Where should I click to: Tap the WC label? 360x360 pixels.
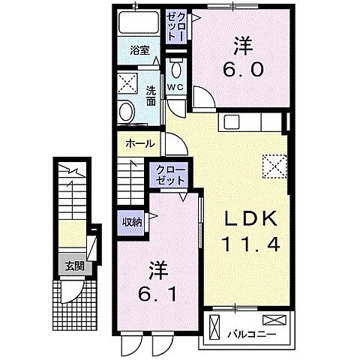coord(175,87)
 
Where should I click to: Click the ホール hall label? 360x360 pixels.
coord(140,143)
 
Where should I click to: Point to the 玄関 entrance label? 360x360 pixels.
coord(73,265)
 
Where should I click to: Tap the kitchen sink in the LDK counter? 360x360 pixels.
coord(230,121)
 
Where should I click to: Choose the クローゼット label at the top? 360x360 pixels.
coord(175,25)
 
